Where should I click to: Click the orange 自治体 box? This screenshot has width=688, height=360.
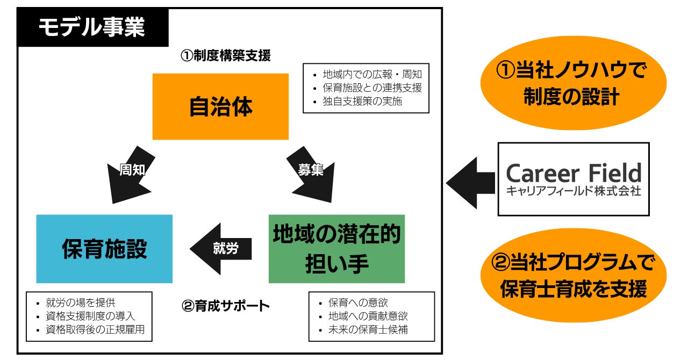(x=220, y=106)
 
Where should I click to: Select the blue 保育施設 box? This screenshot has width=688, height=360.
(x=104, y=249)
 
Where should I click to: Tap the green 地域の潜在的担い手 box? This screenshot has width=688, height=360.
(x=336, y=249)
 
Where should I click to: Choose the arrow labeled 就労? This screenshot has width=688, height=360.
(x=221, y=249)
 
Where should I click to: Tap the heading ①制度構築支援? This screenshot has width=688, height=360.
(x=225, y=56)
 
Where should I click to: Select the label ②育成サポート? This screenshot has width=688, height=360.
(x=226, y=307)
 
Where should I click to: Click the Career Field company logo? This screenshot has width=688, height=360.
(x=574, y=179)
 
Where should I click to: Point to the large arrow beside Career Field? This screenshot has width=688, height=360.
(x=470, y=183)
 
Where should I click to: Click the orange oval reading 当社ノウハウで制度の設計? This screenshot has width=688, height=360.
(x=572, y=83)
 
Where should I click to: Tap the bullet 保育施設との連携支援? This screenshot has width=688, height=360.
(x=371, y=88)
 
